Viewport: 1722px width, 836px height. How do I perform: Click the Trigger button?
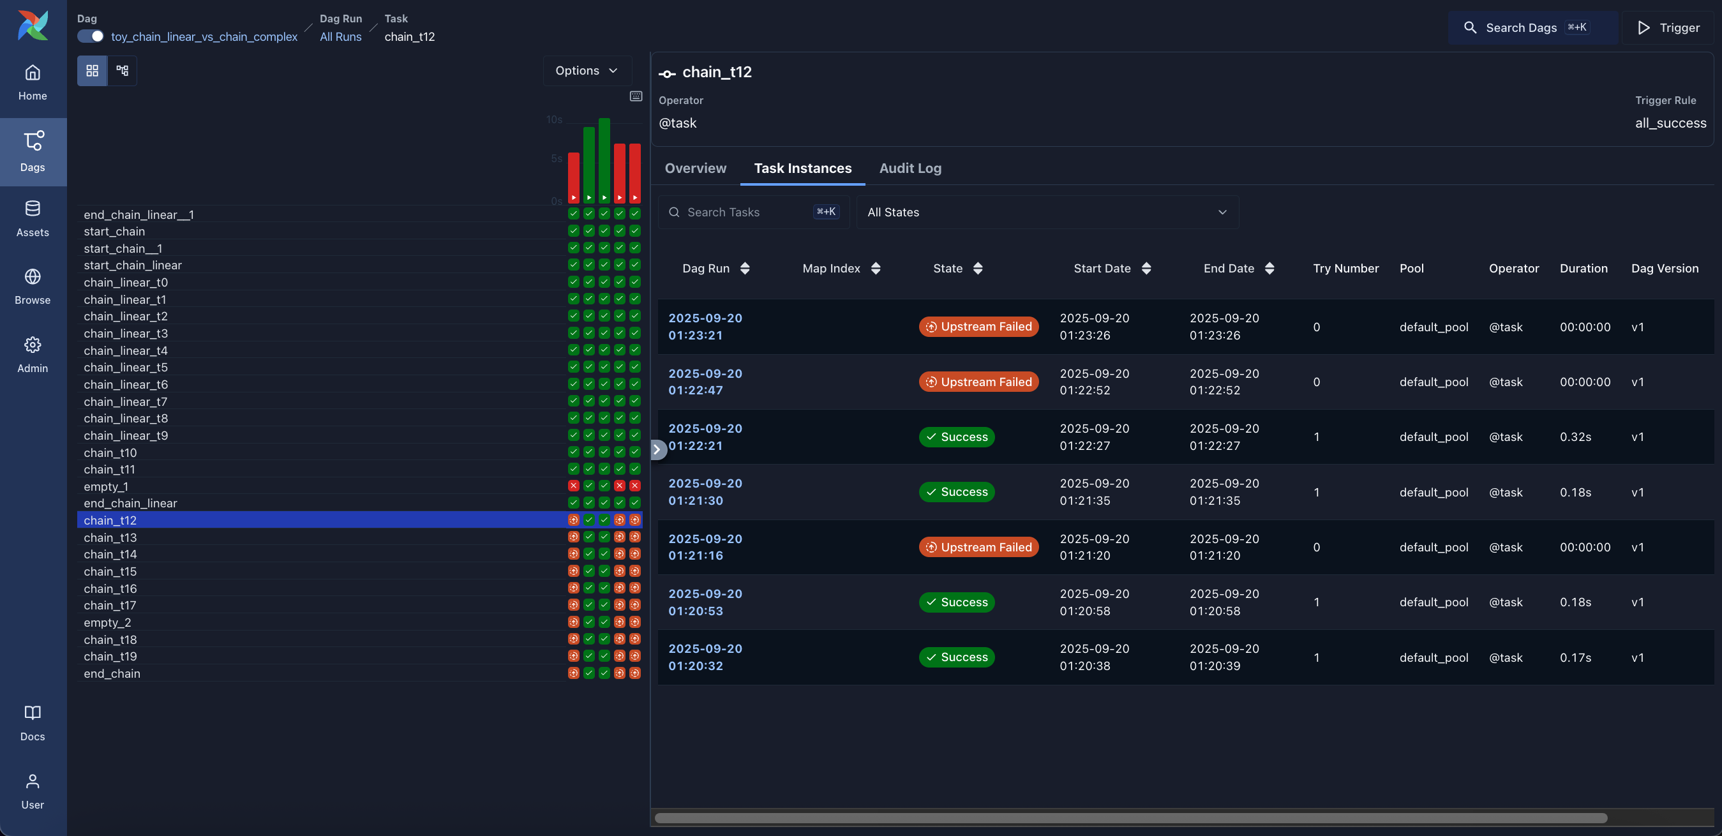click(1668, 27)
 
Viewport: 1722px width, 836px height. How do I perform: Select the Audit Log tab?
click(910, 168)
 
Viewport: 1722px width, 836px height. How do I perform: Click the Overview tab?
click(695, 168)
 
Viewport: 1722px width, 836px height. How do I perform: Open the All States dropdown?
click(1047, 213)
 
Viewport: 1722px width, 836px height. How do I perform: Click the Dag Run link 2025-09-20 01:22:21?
click(705, 437)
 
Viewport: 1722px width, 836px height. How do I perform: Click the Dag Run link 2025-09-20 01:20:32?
click(705, 657)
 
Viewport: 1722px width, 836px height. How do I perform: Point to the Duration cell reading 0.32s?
click(1575, 437)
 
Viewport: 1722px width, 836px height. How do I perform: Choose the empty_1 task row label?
click(105, 486)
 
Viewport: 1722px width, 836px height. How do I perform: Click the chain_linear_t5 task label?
click(126, 368)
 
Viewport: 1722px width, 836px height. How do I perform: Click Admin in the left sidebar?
click(33, 354)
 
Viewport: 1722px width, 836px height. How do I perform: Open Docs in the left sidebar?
click(33, 722)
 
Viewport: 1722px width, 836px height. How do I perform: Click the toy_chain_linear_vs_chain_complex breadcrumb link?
click(204, 37)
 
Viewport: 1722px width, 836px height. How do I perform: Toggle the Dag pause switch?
click(90, 36)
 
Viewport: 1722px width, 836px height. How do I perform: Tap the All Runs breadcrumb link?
click(340, 37)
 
